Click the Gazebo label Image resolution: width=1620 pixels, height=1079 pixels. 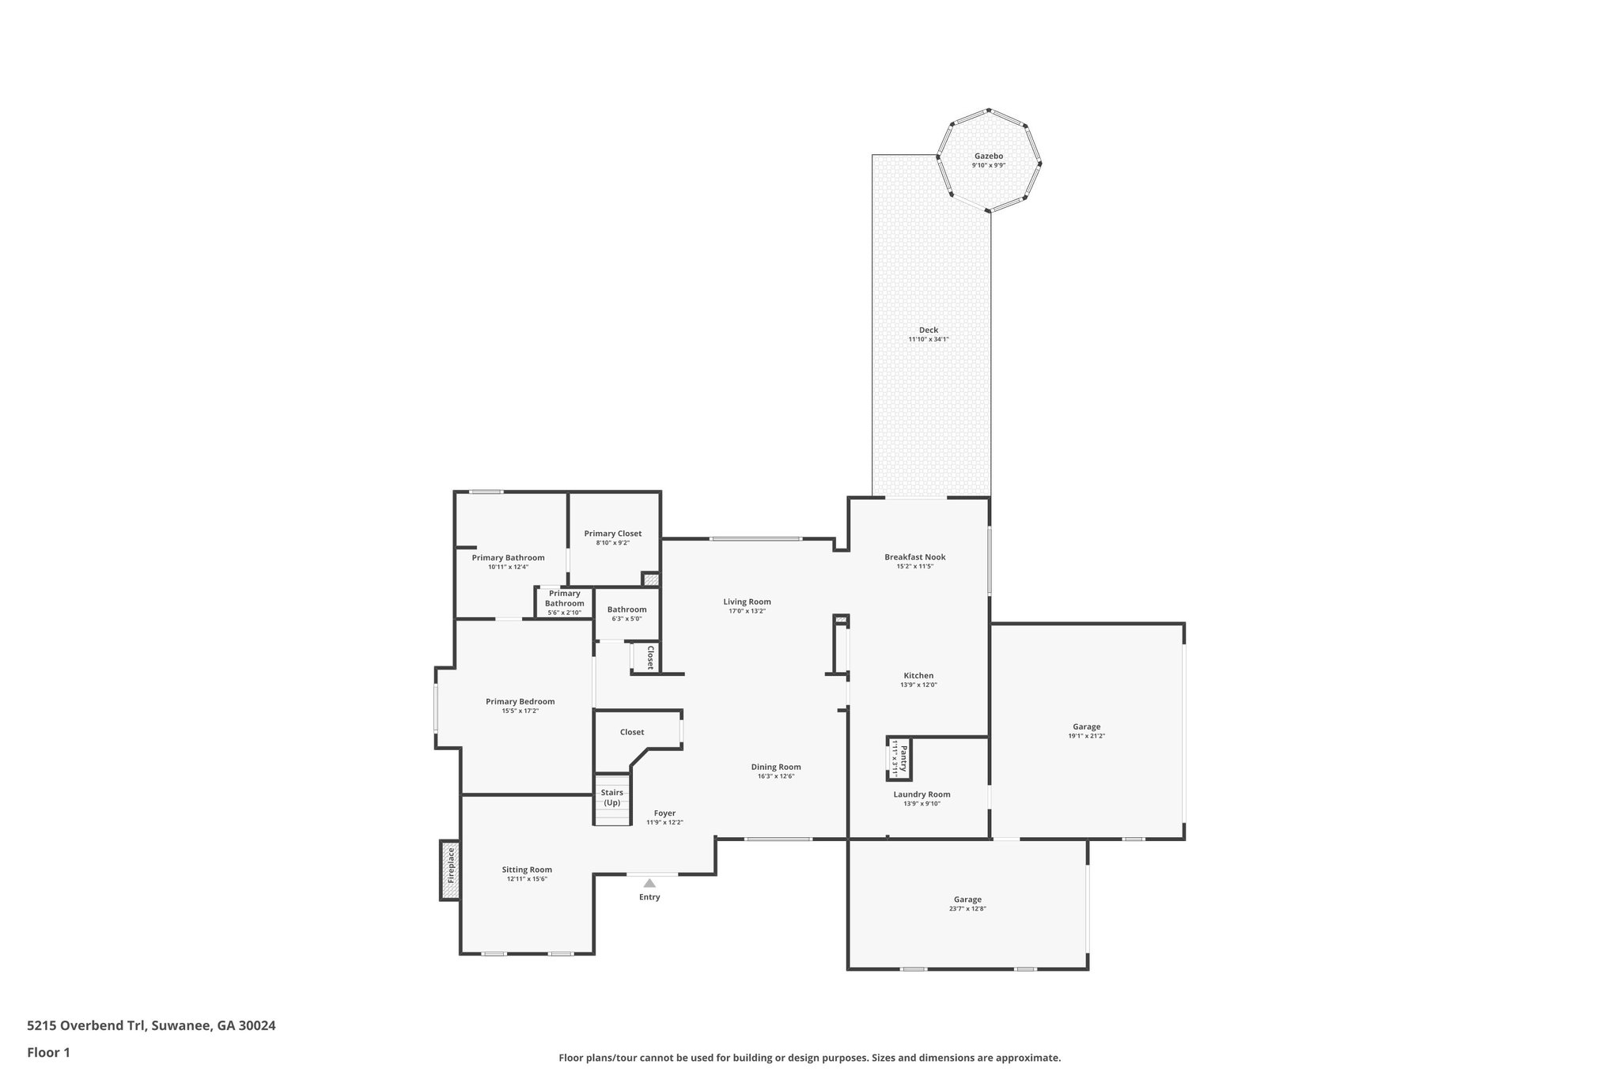pyautogui.click(x=988, y=156)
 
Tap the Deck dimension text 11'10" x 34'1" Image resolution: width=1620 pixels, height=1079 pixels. pyautogui.click(x=929, y=339)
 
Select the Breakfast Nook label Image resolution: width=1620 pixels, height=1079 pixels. pyautogui.click(x=914, y=556)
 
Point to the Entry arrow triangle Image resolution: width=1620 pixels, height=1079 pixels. pyautogui.click(x=649, y=883)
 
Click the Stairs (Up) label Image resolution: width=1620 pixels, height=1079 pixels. pyautogui.click(x=612, y=797)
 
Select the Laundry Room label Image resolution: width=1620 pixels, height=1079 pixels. pyautogui.click(x=922, y=794)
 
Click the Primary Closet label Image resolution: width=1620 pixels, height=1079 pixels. pyautogui.click(x=613, y=534)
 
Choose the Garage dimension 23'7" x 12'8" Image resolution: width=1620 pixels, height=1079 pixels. pyautogui.click(x=967, y=909)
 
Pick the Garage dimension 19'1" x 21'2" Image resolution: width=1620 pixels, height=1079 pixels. pyautogui.click(x=1086, y=736)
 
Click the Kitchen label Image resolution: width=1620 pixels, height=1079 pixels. pyautogui.click(x=918, y=676)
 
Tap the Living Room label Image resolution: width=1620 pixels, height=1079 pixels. pyautogui.click(x=747, y=602)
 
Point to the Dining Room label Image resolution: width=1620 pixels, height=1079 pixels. pyautogui.click(x=776, y=767)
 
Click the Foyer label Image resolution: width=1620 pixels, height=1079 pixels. pyautogui.click(x=664, y=813)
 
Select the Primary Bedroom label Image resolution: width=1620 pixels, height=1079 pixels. pyautogui.click(x=520, y=701)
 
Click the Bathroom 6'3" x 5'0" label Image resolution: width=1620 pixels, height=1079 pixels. pyautogui.click(x=626, y=609)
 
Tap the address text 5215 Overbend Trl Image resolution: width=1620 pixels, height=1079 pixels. pyautogui.click(x=86, y=1026)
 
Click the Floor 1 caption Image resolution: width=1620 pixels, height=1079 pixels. pyautogui.click(x=49, y=1052)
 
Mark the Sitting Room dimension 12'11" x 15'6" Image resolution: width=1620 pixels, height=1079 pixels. pyautogui.click(x=527, y=879)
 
